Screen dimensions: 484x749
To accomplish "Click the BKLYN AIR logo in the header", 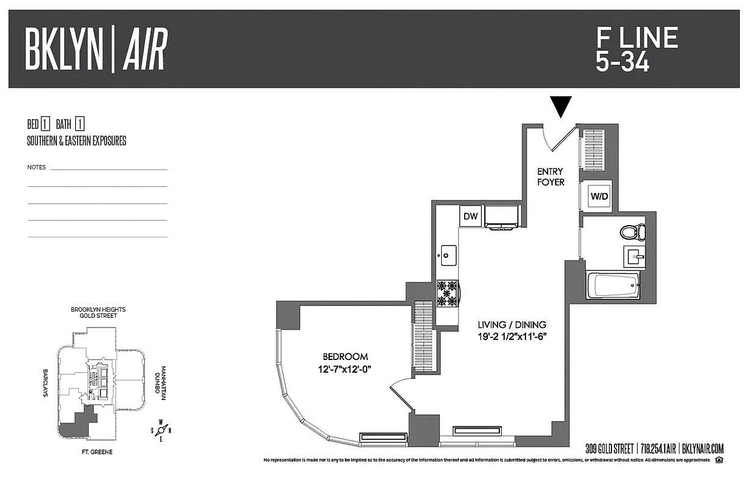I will coord(96,50).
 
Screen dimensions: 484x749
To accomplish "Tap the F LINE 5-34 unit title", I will coord(636,50).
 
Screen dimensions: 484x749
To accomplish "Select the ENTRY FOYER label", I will coord(550,177).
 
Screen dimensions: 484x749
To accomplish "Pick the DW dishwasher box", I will coord(471,216).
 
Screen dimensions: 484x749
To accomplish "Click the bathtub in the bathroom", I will coord(613,284).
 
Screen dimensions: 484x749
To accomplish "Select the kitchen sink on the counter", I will coord(447,255).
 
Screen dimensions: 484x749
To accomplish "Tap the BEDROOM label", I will coord(345,357).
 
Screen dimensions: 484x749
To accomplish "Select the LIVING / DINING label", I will coord(512,325).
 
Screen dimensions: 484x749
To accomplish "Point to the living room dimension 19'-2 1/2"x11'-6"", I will coord(512,336).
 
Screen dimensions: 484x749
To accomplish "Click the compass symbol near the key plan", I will coord(161,430).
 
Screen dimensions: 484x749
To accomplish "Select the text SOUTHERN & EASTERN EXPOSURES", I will coord(76,141).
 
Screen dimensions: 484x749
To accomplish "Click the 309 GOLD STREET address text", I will coord(609,449).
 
